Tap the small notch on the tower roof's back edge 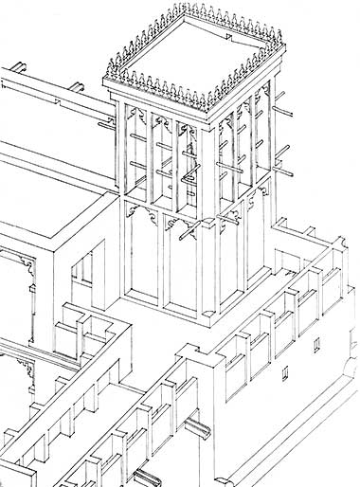(x=231, y=35)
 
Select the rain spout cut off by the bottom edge (x=147, y=478)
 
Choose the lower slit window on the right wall (x=286, y=371)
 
